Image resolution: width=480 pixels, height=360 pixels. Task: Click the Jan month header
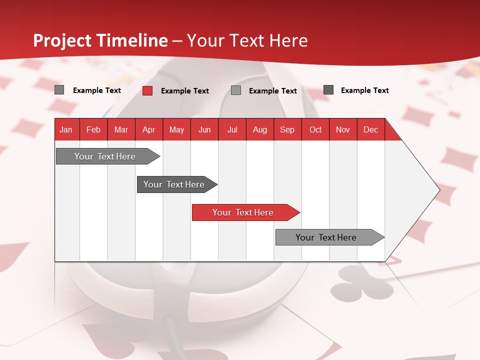tap(66, 129)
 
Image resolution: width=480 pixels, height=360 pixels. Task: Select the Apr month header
tap(149, 129)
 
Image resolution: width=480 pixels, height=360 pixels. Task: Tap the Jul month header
tap(232, 129)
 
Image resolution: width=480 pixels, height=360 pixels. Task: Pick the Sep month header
tap(287, 129)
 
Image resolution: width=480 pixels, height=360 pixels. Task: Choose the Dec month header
tap(370, 129)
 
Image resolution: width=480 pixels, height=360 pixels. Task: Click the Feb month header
tap(93, 129)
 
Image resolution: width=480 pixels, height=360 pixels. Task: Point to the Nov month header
tap(342, 129)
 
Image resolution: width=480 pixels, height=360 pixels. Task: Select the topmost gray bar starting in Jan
tap(105, 156)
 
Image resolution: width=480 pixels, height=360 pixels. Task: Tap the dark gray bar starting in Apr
tap(174, 184)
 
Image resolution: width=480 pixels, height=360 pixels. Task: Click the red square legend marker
tap(147, 90)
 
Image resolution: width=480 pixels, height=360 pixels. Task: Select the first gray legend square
tap(59, 90)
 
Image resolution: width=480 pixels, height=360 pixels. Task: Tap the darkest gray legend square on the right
tap(328, 90)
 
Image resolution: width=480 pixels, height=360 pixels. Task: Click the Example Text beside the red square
tap(184, 91)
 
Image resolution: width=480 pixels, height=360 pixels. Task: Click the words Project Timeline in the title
tap(100, 40)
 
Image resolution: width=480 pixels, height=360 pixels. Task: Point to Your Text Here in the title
tap(247, 40)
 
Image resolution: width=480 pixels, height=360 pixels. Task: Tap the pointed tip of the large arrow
tap(439, 189)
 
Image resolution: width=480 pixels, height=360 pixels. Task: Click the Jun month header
tap(204, 129)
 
